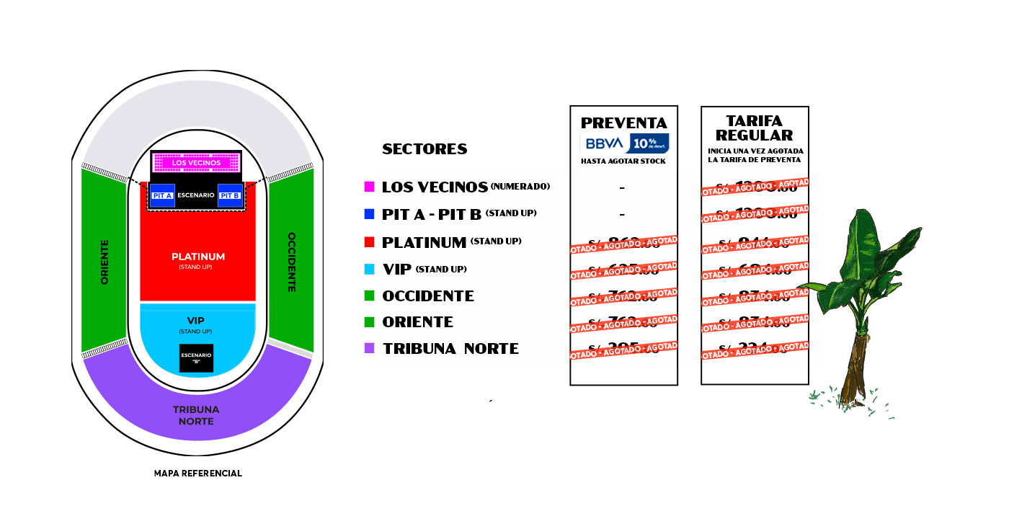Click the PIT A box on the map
tap(162, 195)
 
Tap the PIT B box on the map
tap(229, 195)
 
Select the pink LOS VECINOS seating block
tap(195, 163)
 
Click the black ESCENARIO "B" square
tap(196, 358)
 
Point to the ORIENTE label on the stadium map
tap(105, 262)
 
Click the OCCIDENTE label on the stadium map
tap(291, 262)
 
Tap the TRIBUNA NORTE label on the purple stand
tap(196, 415)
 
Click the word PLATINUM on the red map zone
tap(198, 257)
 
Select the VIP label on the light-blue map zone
tap(196, 320)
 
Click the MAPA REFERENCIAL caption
tap(197, 474)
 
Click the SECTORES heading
tap(425, 149)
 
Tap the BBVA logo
tap(605, 143)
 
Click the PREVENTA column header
tap(624, 123)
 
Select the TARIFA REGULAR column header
tap(755, 128)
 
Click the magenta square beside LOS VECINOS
tap(369, 187)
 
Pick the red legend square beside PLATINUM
tap(369, 242)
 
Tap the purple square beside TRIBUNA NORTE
tap(369, 348)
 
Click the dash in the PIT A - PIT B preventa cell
tap(622, 214)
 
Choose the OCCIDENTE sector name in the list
tap(428, 296)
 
